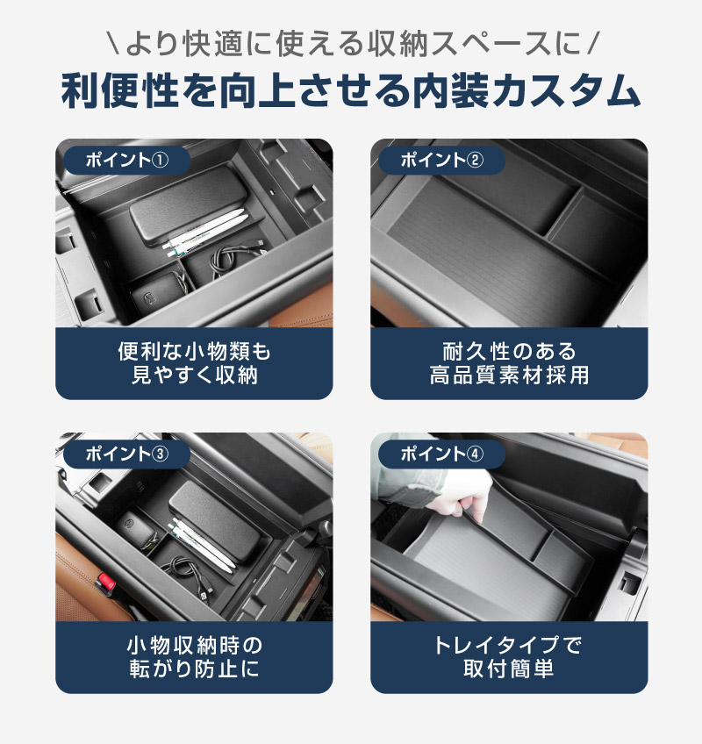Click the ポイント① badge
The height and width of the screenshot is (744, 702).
(126, 161)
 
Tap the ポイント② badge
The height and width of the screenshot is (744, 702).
(441, 161)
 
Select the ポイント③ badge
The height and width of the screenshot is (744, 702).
(126, 454)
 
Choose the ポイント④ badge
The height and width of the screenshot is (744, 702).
(441, 454)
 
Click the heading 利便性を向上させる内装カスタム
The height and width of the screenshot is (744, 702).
(351, 90)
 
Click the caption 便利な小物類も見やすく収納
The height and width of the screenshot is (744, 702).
(194, 363)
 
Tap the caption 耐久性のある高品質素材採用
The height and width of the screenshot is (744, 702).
(509, 363)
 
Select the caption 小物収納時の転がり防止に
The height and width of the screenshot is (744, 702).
(194, 657)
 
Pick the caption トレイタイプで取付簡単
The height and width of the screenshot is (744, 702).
(509, 657)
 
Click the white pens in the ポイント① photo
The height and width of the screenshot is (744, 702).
(205, 232)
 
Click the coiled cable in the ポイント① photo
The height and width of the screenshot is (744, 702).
(233, 260)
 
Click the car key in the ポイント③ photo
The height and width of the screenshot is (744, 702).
(139, 528)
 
